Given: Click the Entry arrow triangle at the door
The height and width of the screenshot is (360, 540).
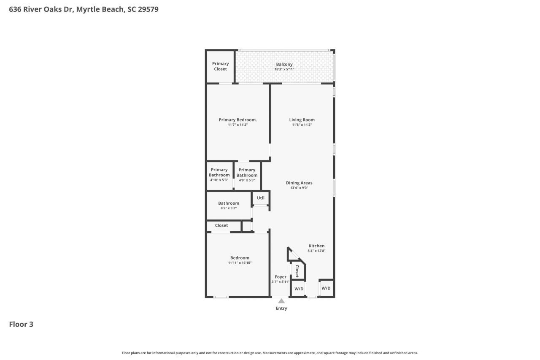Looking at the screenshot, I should coord(281,301).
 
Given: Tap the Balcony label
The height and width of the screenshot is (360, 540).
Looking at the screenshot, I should coord(284,64).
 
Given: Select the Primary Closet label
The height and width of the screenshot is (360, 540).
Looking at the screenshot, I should coord(220,66).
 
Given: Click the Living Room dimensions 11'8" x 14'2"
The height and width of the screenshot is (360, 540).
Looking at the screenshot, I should coord(302,125).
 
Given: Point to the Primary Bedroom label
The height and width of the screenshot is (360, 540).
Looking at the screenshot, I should coord(238,120).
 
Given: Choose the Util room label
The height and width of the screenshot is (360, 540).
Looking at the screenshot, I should coord(260,198).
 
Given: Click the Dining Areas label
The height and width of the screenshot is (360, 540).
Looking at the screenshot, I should coord(299,183).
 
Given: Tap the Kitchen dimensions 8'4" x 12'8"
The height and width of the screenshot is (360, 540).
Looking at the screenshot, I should coord(316,251).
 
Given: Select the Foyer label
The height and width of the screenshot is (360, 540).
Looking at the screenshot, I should coord(281,277).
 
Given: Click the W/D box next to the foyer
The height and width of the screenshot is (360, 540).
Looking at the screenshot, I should coord(299,289).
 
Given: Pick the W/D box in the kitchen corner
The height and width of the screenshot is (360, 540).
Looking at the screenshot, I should coord(326,288).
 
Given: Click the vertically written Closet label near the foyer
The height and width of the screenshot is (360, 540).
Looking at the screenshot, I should coord(297,271).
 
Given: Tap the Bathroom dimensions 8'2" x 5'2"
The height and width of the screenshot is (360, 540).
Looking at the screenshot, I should coord(229,208).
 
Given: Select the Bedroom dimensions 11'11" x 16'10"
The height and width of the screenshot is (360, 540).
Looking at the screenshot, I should coord(240,263).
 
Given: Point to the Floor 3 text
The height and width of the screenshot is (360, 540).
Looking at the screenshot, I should coord(21,324).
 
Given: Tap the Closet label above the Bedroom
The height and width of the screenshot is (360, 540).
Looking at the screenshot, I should coord(221,225).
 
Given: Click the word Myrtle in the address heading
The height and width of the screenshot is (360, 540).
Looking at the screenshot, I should coord(87,9).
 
